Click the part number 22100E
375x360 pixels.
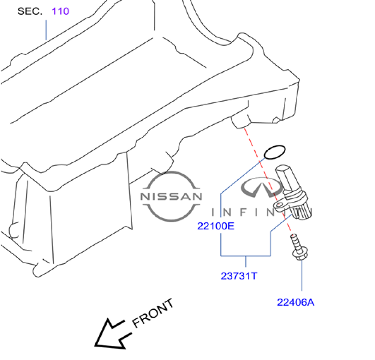(215, 226)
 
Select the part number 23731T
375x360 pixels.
(239, 276)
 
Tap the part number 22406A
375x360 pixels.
(295, 302)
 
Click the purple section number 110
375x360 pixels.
(60, 11)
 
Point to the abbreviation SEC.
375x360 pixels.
(30, 11)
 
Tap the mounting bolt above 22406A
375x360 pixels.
(298, 247)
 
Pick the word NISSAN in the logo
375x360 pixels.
(171, 196)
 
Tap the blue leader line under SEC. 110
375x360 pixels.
(46, 30)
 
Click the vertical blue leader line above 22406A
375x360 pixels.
(302, 275)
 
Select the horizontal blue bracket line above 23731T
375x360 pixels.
(245, 256)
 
